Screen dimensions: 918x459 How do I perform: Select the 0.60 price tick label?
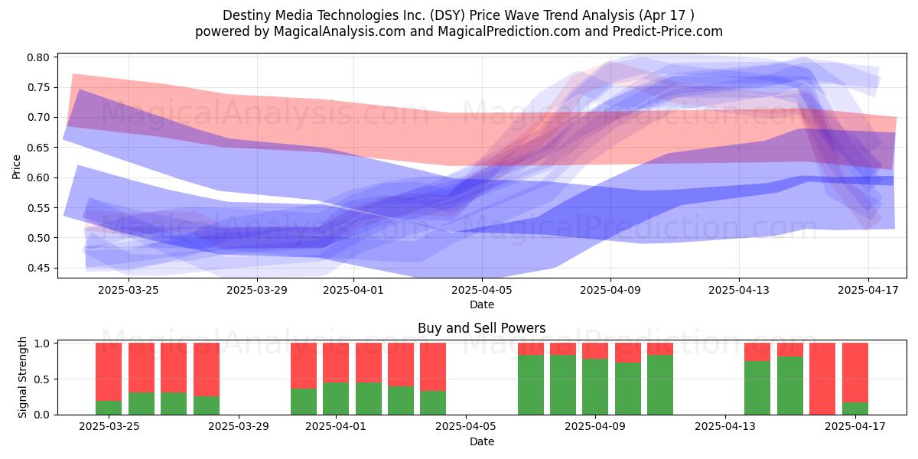[x=38, y=177]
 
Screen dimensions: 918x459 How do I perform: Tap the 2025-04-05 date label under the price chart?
[x=482, y=290]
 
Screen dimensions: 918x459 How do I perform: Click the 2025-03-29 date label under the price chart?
[x=257, y=290]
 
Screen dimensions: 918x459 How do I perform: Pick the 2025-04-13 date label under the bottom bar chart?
[x=725, y=427]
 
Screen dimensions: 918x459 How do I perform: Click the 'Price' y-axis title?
[x=16, y=167]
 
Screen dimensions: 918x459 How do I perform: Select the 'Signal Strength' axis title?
[x=22, y=377]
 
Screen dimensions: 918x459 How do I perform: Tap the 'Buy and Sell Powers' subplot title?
[x=481, y=328]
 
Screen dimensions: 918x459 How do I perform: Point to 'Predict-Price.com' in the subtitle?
[x=668, y=31]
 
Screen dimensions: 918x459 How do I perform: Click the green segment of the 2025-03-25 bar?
[x=109, y=408]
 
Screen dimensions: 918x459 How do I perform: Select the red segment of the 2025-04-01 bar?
[x=336, y=363]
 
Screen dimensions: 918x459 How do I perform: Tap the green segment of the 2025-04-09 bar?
[x=595, y=387]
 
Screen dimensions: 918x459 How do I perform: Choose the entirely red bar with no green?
[x=822, y=379]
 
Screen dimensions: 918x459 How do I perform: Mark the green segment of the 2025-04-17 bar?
[x=855, y=409]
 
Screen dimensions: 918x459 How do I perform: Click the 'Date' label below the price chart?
[x=482, y=305]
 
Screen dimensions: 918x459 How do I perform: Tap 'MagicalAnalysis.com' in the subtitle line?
[x=340, y=31]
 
